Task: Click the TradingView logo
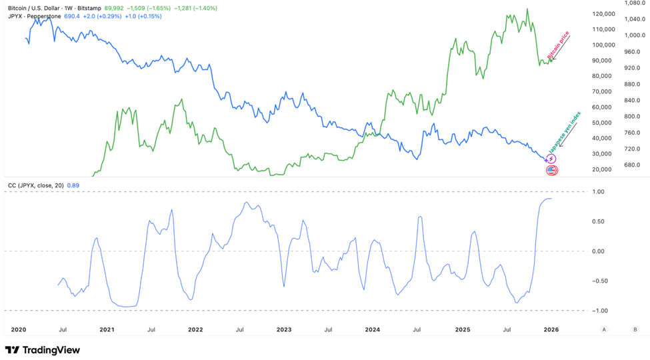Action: click(x=42, y=349)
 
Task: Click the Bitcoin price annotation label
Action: click(x=559, y=45)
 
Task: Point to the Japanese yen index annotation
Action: click(x=564, y=131)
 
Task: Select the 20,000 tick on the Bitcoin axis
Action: click(x=603, y=169)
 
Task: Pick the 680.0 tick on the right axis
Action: click(x=633, y=165)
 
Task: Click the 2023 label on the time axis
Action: click(x=283, y=329)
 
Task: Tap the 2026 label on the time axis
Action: click(x=551, y=329)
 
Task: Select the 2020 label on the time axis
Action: click(x=18, y=329)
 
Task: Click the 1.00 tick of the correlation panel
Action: click(x=598, y=192)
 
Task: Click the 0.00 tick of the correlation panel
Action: click(x=598, y=251)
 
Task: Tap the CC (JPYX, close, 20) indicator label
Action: click(x=35, y=185)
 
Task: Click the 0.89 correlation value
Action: click(x=74, y=185)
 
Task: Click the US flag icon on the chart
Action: click(x=551, y=171)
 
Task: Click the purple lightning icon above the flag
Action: click(x=551, y=159)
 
